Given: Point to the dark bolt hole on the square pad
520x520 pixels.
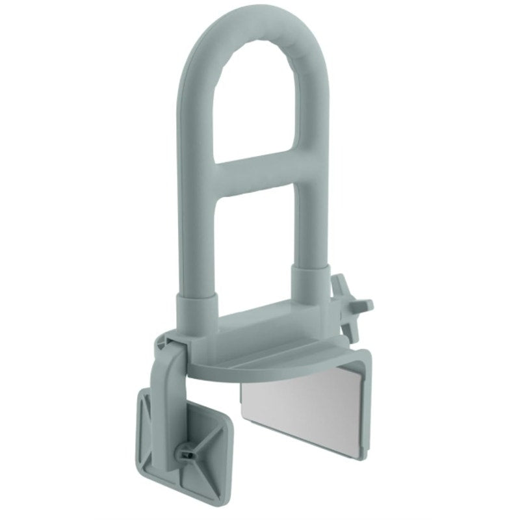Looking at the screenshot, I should coord(187,452).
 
